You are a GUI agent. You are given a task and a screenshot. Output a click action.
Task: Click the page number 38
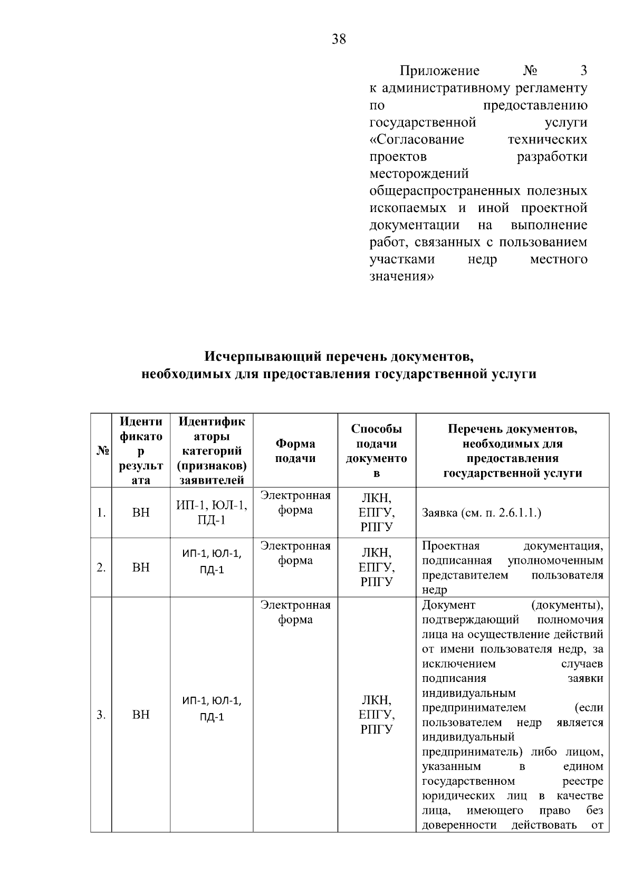(339, 39)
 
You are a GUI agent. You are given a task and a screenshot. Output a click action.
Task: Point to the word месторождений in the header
(419, 174)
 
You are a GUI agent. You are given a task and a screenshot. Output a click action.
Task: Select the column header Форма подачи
(295, 451)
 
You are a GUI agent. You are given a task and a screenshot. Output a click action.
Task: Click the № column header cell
(101, 451)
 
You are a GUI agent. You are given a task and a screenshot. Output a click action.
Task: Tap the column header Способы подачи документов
(376, 451)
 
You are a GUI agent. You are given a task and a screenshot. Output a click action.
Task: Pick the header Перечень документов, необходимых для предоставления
(512, 451)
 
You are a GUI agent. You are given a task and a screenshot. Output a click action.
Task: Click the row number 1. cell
(101, 513)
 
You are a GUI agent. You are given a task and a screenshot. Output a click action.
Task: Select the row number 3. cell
(101, 715)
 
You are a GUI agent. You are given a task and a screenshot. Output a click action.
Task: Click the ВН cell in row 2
(141, 567)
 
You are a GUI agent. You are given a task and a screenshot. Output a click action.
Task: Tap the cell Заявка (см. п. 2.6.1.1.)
(482, 513)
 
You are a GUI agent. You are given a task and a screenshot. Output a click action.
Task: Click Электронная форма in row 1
(295, 503)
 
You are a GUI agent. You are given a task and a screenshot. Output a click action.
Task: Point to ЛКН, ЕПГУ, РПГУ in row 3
(376, 715)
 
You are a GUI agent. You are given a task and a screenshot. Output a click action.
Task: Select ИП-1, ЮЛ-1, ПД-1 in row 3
(211, 708)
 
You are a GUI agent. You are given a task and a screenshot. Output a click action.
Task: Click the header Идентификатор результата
(141, 451)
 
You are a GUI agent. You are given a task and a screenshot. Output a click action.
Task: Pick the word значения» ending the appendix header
(401, 276)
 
